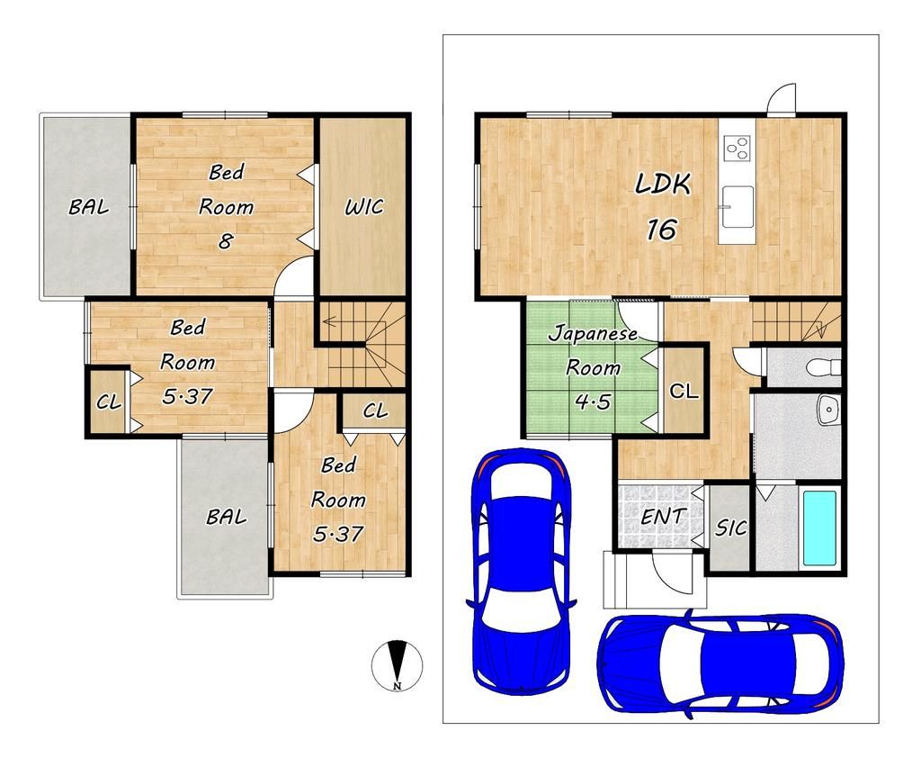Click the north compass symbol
pyautogui.click(x=396, y=665)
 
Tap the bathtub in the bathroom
pyautogui.click(x=818, y=528)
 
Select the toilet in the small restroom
pyautogui.click(x=823, y=367)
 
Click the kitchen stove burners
pyautogui.click(x=737, y=147)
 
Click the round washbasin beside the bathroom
pyautogui.click(x=827, y=410)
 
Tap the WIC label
pyautogui.click(x=364, y=207)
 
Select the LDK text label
pyautogui.click(x=662, y=185)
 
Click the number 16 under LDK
pyautogui.click(x=660, y=230)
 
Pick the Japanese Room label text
pyautogui.click(x=593, y=351)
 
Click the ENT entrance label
pyautogui.click(x=664, y=517)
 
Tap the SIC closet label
pyautogui.click(x=730, y=528)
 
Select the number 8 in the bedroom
pyautogui.click(x=226, y=241)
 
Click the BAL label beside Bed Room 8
pyautogui.click(x=88, y=208)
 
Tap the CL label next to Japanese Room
pyautogui.click(x=684, y=392)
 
